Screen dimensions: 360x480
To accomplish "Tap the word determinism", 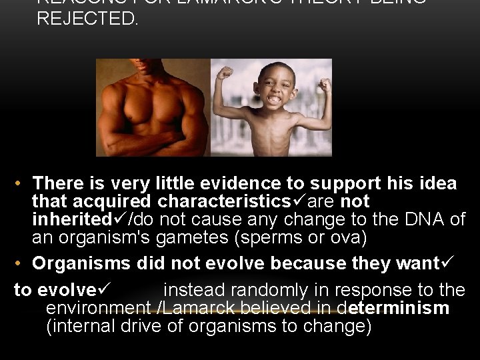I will pyautogui.click(x=393, y=309).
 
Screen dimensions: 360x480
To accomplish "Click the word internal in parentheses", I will pyautogui.click(x=83, y=327).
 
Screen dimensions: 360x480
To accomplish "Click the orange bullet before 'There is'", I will pyautogui.click(x=21, y=183).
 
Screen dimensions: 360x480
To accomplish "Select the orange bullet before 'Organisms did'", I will pyautogui.click(x=21, y=264).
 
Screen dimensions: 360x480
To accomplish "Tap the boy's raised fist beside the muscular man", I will pyautogui.click(x=225, y=72).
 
